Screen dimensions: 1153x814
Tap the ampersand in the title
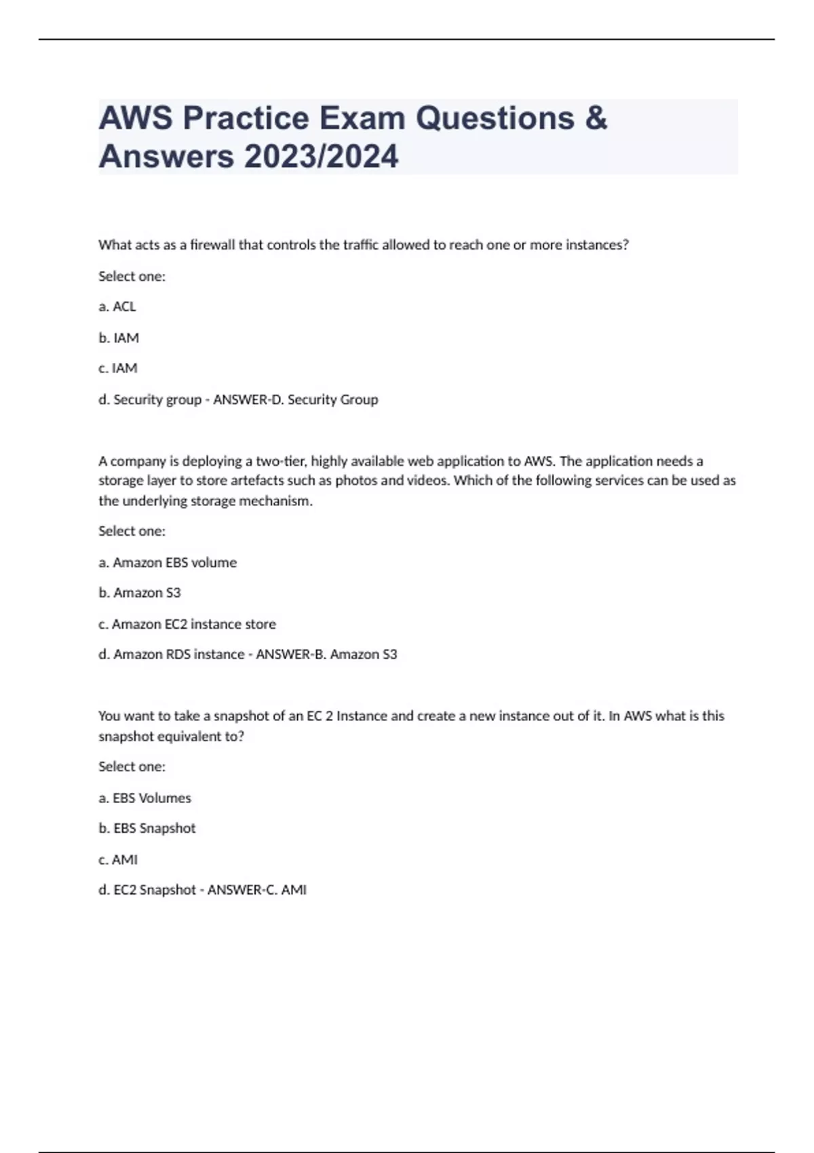(x=595, y=118)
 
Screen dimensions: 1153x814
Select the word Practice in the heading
(x=246, y=118)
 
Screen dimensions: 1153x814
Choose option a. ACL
(x=117, y=307)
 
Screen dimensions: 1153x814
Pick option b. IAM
(x=119, y=338)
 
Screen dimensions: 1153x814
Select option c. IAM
(x=118, y=368)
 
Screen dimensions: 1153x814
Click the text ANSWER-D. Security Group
(x=296, y=399)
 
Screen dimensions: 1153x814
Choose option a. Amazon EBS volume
(x=168, y=562)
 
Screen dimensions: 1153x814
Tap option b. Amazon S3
(x=140, y=593)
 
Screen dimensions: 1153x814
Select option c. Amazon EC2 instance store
(x=187, y=624)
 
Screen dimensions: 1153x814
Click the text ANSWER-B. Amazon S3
(x=326, y=654)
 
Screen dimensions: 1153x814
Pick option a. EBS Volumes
(x=145, y=798)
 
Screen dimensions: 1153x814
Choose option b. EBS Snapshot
(x=147, y=828)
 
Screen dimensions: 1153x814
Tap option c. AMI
(x=118, y=860)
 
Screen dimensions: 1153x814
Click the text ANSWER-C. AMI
(x=257, y=890)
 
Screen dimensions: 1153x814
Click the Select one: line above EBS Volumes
(x=132, y=766)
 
